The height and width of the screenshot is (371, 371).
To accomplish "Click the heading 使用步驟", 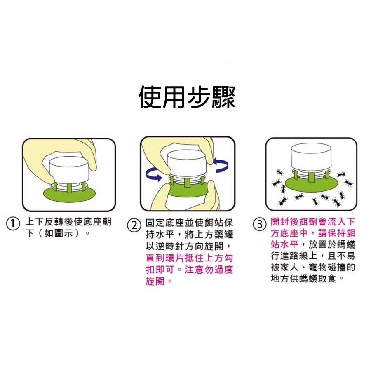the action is click(x=187, y=97).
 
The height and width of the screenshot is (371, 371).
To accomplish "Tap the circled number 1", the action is click(x=13, y=224).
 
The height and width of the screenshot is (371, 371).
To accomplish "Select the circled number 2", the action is click(x=134, y=225).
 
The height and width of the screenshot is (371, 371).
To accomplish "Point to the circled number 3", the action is click(x=260, y=224).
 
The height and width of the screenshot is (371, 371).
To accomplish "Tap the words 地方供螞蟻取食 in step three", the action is click(x=303, y=278).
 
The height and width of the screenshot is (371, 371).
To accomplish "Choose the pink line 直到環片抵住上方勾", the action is click(x=189, y=258).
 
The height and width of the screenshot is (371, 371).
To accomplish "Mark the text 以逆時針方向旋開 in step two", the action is click(x=184, y=247).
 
